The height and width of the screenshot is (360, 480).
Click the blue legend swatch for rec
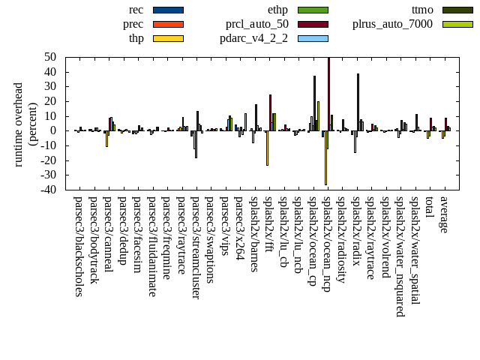[x=167, y=10]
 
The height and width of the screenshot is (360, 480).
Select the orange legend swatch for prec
[x=167, y=24]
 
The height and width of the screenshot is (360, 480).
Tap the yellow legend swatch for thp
[x=167, y=38]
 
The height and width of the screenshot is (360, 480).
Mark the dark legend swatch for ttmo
[x=457, y=10]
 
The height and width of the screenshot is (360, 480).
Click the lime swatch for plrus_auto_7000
[x=457, y=24]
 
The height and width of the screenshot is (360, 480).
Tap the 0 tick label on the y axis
[x=54, y=130]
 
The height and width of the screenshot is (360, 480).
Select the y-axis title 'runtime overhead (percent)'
[x=25, y=124]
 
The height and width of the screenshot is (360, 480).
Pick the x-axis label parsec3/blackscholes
[x=78, y=246]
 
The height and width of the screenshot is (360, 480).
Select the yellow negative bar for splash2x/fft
[x=267, y=148]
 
